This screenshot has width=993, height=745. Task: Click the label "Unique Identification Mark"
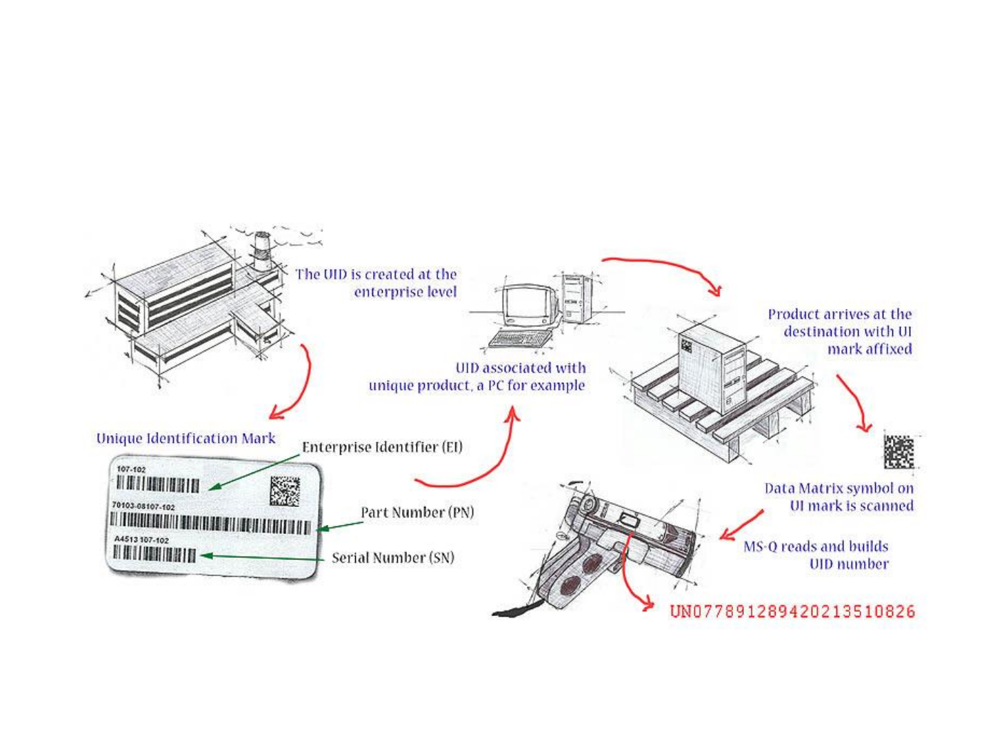coord(185,438)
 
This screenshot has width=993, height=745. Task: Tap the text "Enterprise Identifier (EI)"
coord(382,447)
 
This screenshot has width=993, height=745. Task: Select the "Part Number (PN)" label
coord(417,513)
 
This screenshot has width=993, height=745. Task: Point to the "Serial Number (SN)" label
coord(393,557)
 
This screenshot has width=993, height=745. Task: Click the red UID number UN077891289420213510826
coord(792,611)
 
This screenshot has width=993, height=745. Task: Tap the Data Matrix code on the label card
coord(285,490)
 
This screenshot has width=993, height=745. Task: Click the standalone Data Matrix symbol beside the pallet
coord(899,452)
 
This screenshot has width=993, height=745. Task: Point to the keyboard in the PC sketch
coord(521,339)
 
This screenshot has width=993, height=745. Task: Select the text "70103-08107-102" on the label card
coord(143,506)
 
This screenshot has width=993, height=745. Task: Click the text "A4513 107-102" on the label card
coord(141,539)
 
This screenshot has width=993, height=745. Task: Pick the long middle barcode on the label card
coord(211,526)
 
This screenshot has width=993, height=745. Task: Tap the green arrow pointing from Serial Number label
coord(262,556)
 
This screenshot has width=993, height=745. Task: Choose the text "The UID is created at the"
coord(376,274)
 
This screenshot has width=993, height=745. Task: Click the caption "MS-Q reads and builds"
coord(816,546)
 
